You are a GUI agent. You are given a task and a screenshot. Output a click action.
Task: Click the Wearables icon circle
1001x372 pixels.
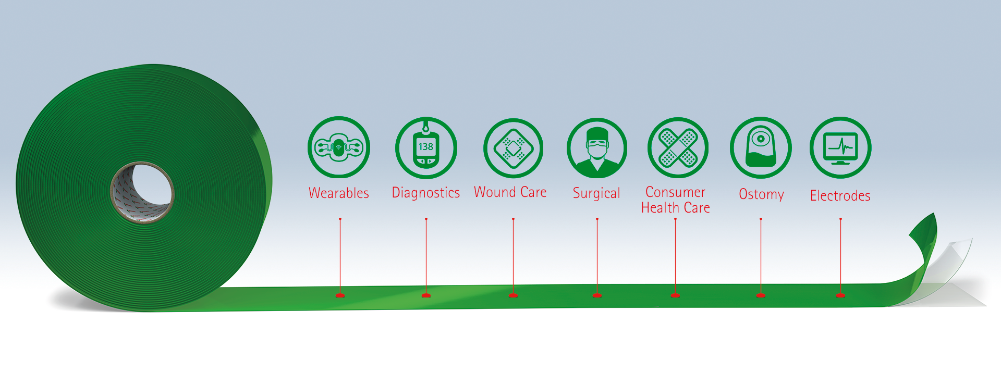(338, 147)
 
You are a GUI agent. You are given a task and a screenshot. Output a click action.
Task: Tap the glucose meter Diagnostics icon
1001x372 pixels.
(426, 148)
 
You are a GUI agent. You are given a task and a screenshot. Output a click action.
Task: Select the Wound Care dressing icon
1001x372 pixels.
(513, 148)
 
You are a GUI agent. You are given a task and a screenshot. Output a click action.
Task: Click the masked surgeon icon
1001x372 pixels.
(597, 148)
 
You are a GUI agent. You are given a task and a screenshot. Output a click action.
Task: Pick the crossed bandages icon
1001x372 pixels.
(677, 147)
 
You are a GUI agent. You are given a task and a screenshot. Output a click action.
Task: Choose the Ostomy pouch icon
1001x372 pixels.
(761, 147)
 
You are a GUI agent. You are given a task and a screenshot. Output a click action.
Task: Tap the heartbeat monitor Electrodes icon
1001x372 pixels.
(840, 147)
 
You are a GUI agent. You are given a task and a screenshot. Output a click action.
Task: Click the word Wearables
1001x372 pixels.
(338, 193)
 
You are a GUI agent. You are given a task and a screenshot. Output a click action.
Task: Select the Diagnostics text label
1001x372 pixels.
(425, 193)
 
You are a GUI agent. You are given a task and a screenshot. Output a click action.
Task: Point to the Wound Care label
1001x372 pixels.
(510, 192)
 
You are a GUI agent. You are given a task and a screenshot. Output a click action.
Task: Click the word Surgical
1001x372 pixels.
(596, 194)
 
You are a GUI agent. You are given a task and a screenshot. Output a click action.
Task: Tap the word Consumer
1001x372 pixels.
(675, 192)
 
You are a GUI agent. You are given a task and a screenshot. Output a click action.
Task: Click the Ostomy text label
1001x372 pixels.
(761, 194)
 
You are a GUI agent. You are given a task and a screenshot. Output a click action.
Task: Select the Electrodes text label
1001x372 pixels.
(840, 196)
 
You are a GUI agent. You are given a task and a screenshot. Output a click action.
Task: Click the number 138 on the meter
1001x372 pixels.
(425, 146)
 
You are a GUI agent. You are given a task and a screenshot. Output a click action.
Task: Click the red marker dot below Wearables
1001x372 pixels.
(340, 295)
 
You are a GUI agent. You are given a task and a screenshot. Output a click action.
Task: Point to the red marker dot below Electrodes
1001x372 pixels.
(840, 295)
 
